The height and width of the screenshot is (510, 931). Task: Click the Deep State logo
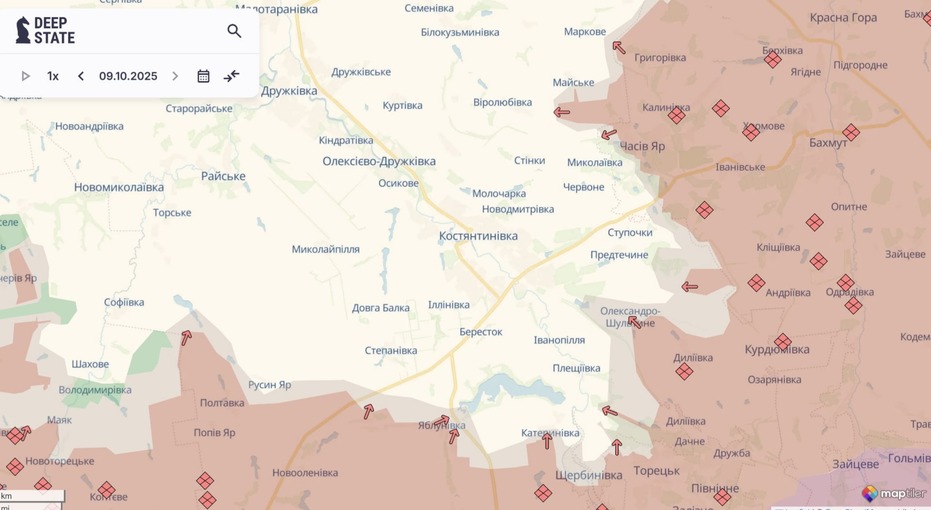pos(45,30)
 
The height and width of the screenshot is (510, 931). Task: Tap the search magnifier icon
pos(234,31)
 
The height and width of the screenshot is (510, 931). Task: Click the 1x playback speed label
pos(53,76)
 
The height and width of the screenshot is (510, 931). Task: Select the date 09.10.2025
pos(128,76)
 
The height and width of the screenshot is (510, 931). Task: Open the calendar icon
pos(204,76)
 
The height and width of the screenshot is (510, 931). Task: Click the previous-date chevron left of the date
pos(81,76)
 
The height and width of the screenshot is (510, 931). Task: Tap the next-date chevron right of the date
pos(175,76)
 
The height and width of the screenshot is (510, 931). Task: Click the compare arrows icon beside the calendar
pos(232,76)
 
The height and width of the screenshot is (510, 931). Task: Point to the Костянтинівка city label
pos(478,236)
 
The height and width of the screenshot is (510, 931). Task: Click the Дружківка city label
pos(289,91)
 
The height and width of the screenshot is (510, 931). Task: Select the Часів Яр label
pos(642,146)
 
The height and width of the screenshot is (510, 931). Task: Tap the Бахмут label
pos(828,143)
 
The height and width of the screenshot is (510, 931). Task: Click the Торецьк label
pos(656,471)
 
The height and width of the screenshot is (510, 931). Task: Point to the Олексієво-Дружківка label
pos(379,161)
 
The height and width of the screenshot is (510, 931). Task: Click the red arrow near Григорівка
pos(619,48)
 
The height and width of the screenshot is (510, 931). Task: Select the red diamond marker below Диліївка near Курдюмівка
pos(684,372)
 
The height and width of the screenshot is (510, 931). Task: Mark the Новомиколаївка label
pos(119,187)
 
